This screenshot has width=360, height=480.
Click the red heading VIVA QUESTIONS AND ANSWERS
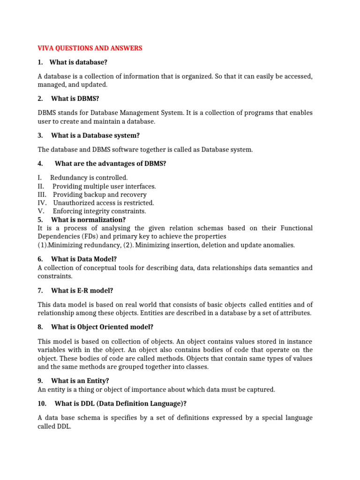(90, 48)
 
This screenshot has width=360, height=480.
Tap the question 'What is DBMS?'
(75, 98)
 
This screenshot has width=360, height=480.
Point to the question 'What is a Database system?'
(95, 135)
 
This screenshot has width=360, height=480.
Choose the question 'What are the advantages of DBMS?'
(110, 163)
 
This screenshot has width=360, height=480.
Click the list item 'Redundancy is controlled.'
(89, 178)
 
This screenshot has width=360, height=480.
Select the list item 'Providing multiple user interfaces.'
(104, 186)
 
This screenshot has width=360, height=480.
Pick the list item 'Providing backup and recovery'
(99, 195)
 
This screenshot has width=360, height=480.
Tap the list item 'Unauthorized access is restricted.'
(103, 203)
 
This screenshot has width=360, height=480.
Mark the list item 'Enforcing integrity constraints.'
(99, 211)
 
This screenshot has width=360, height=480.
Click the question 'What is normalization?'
(88, 219)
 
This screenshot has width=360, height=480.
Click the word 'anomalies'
(279, 245)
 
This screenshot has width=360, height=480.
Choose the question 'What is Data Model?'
(84, 259)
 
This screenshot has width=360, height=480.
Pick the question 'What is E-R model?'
(82, 291)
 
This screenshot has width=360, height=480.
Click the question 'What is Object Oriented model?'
(102, 327)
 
